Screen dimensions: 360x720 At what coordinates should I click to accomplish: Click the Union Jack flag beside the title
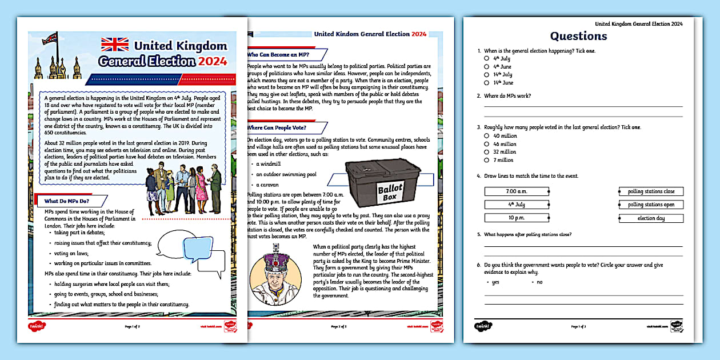point(115,45)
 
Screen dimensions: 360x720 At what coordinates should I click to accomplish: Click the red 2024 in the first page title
point(213,61)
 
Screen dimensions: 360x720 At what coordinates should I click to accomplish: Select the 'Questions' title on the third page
point(578,36)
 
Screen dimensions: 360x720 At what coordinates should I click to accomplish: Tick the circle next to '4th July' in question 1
point(487,58)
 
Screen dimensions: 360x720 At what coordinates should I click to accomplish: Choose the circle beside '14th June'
point(487,82)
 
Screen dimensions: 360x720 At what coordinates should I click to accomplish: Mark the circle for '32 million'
point(487,151)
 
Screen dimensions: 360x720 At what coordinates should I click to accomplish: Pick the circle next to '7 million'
point(487,159)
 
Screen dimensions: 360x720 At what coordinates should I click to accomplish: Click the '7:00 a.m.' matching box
point(516,191)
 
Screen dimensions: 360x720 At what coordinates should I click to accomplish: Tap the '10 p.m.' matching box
point(516,218)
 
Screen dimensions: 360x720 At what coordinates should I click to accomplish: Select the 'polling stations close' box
point(651,191)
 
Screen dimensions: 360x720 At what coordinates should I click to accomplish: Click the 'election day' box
point(651,218)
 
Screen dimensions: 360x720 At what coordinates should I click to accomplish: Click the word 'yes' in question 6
point(495,282)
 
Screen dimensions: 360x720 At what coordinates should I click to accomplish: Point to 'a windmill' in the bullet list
point(267,164)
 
